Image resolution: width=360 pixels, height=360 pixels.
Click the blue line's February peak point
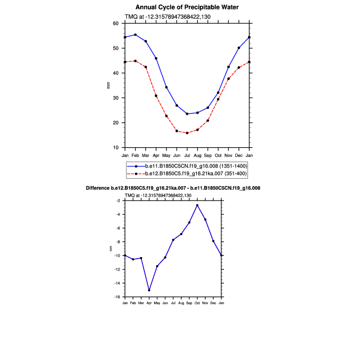[135, 35]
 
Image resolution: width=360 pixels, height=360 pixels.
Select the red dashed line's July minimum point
[187, 133]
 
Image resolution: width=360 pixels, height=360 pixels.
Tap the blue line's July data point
[187, 114]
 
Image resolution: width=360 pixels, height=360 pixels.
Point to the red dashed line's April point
[156, 95]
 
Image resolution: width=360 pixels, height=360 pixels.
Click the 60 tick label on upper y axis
[116, 23]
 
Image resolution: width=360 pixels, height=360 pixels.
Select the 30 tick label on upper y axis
[116, 98]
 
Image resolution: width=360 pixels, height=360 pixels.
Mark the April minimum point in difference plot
[149, 290]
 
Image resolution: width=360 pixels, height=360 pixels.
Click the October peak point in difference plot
[197, 205]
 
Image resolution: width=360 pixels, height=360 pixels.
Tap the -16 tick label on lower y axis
[117, 297]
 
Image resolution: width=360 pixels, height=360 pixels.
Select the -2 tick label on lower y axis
[118, 201]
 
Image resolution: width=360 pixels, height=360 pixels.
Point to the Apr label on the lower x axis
[149, 303]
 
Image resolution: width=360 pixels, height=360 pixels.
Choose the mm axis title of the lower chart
[111, 249]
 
